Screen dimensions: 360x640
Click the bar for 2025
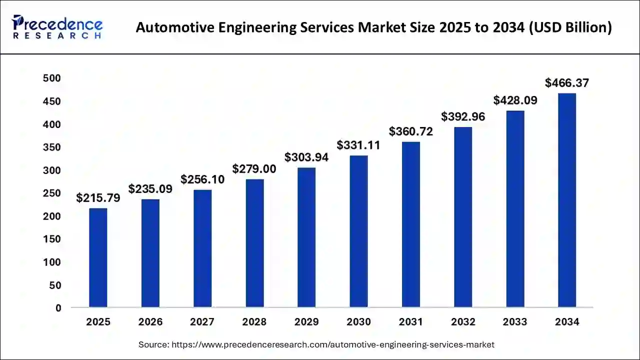98,257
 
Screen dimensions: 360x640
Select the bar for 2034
567,200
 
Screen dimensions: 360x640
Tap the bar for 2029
306,237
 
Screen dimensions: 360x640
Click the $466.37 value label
567,82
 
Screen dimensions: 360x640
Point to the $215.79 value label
98,198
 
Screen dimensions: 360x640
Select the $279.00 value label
254,169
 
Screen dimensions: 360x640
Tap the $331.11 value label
358,145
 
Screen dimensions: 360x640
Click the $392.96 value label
463,116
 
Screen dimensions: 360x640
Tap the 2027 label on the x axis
202,322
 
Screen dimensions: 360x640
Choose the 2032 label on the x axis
463,322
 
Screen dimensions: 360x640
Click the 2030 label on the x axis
358,322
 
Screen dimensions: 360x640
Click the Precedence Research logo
58,27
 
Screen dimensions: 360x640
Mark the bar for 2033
515,209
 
